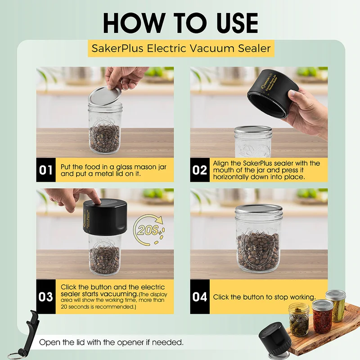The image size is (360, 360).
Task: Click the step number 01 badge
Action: [x=46, y=170]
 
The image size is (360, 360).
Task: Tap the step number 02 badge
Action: [x=199, y=170]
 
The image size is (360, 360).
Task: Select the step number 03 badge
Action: [x=46, y=297]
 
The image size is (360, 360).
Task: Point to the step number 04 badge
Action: [x=199, y=297]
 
